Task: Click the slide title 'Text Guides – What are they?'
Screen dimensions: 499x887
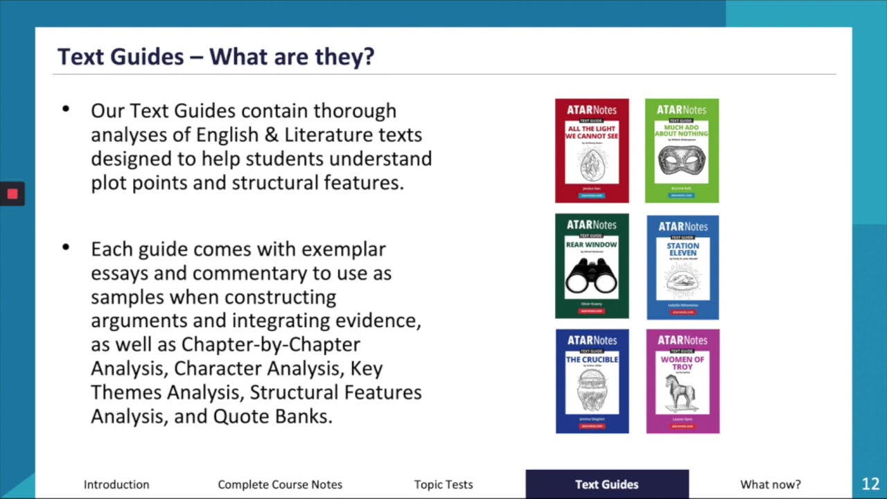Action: click(x=216, y=56)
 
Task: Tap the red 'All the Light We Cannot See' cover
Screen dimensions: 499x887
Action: click(x=592, y=150)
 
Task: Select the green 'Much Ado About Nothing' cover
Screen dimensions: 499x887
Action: click(x=682, y=150)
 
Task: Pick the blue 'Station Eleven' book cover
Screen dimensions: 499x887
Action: click(x=683, y=267)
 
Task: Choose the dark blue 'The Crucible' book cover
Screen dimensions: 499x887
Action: click(x=592, y=381)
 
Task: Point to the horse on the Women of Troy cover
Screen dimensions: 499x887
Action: click(x=682, y=392)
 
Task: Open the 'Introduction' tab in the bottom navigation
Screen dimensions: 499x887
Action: click(x=116, y=484)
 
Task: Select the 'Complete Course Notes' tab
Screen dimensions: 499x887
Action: click(x=280, y=484)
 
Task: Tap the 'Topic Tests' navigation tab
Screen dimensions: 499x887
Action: click(x=443, y=484)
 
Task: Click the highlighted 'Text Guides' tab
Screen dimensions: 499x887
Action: click(x=607, y=484)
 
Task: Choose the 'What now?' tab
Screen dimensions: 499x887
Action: click(x=771, y=484)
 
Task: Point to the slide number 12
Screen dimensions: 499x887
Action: click(x=870, y=484)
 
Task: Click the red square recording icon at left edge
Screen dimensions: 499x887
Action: click(x=12, y=194)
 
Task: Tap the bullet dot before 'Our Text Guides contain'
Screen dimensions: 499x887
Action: click(x=66, y=109)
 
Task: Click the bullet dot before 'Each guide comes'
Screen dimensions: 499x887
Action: click(x=66, y=247)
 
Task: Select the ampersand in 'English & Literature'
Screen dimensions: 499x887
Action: click(x=272, y=134)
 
